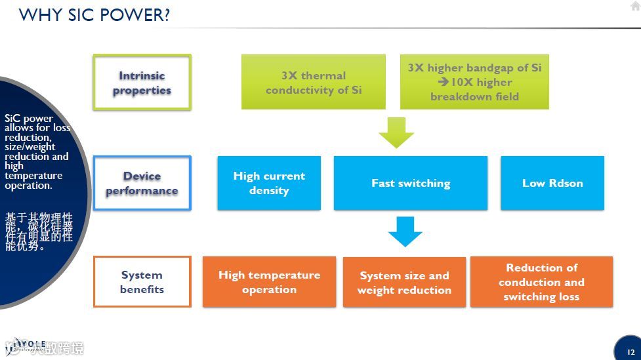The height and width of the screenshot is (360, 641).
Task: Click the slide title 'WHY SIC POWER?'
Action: (x=94, y=14)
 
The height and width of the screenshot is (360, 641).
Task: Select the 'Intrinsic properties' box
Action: (x=142, y=83)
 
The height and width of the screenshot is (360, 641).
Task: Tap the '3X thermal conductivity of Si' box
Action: (x=314, y=83)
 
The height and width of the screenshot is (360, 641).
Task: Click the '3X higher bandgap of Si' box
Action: (x=474, y=82)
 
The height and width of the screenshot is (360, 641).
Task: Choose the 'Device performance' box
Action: (x=142, y=183)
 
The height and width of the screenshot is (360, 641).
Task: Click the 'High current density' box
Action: (x=269, y=183)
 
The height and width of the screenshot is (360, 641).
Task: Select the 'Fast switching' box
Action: (x=411, y=183)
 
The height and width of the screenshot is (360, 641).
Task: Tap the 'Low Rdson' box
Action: (x=552, y=183)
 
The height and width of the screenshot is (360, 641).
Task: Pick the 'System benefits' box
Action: (x=142, y=282)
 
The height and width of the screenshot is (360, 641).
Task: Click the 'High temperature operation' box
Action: (x=269, y=282)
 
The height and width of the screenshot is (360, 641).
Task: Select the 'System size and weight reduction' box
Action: (x=404, y=283)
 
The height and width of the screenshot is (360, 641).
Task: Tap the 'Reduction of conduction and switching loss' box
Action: (x=541, y=282)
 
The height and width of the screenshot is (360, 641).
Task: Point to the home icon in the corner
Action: (x=634, y=6)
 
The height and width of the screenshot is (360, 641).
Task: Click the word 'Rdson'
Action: (x=566, y=183)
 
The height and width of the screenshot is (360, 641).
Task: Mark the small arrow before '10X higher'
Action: (x=444, y=82)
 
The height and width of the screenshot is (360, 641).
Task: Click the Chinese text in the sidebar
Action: (x=38, y=231)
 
